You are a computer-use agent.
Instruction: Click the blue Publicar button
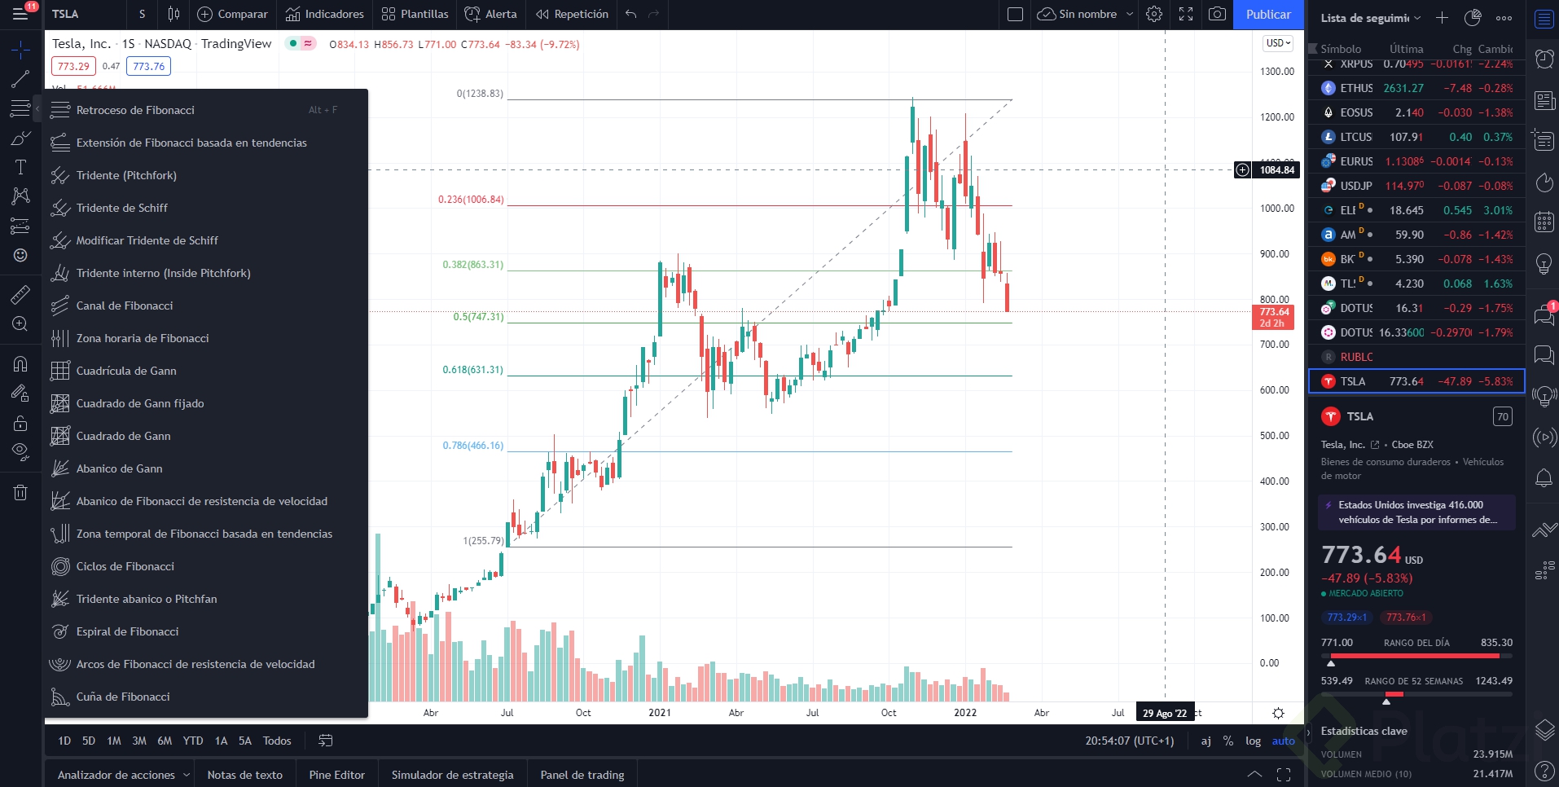(1267, 15)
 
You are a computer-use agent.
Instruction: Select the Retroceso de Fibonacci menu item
(135, 110)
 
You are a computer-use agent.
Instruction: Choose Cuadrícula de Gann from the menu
(126, 371)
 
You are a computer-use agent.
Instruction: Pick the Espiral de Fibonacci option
(127, 631)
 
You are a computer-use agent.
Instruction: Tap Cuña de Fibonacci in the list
(123, 697)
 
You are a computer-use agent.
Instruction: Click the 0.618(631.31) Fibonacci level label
(473, 370)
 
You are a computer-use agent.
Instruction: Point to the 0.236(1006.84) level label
(471, 200)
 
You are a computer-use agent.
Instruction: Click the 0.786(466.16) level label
(473, 446)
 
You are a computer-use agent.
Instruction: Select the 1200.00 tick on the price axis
(1276, 117)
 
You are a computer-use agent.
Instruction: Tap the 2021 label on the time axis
(660, 713)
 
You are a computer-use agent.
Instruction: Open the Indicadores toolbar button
(325, 15)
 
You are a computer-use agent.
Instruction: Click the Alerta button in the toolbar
(491, 15)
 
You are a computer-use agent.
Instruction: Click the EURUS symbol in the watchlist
(1356, 161)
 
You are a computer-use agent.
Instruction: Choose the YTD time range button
(193, 741)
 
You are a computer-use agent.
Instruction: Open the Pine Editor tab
(337, 775)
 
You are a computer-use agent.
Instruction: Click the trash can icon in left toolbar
(20, 492)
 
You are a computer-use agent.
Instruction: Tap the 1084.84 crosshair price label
(1276, 170)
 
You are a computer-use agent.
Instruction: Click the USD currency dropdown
(1278, 43)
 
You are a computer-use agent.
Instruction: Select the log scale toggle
(1253, 741)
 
